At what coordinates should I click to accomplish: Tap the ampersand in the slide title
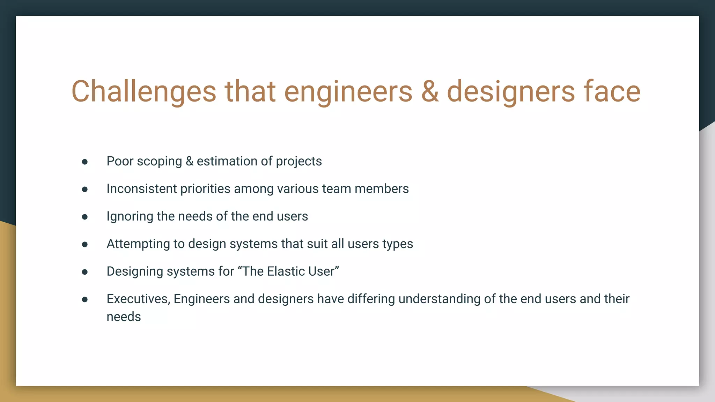coord(430,91)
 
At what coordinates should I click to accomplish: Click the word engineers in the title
coord(348,91)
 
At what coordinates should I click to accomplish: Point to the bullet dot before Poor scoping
coord(85,162)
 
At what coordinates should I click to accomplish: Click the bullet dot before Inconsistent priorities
coord(85,189)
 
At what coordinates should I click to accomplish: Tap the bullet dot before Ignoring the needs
coord(85,217)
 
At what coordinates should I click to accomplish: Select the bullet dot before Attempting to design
coord(85,244)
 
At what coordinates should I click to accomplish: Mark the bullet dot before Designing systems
coord(85,272)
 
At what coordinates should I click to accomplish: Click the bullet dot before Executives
coord(85,299)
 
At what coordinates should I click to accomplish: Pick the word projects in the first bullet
coord(299,161)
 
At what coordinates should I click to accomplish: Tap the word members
coord(382,189)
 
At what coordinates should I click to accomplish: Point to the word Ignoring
coord(130,216)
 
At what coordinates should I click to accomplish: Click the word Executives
coord(138,299)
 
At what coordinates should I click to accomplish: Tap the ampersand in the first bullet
coord(190,161)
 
